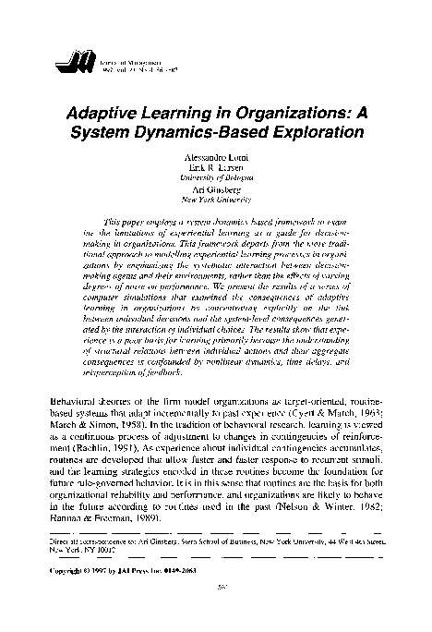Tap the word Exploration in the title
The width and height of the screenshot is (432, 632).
click(308, 133)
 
